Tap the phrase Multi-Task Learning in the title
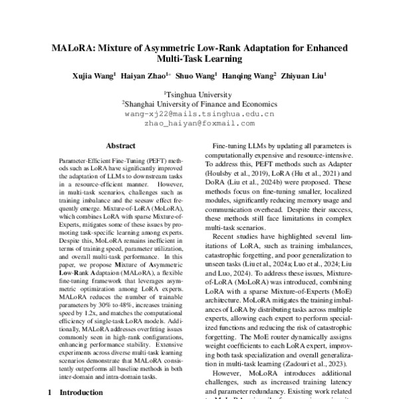point(199,60)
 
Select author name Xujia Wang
point(93,76)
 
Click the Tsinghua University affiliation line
point(199,94)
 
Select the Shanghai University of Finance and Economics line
point(199,104)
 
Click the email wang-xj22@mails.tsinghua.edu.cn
point(199,114)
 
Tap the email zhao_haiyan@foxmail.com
point(199,123)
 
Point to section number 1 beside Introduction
point(50,392)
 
